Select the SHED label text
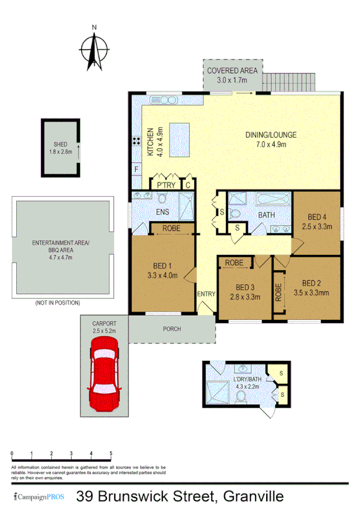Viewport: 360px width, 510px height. tap(60, 144)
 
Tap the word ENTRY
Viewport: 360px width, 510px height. tap(206, 293)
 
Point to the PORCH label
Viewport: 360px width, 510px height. tap(171, 329)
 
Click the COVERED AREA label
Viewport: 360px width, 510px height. tap(232, 71)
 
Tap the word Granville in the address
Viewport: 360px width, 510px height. tap(253, 497)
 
